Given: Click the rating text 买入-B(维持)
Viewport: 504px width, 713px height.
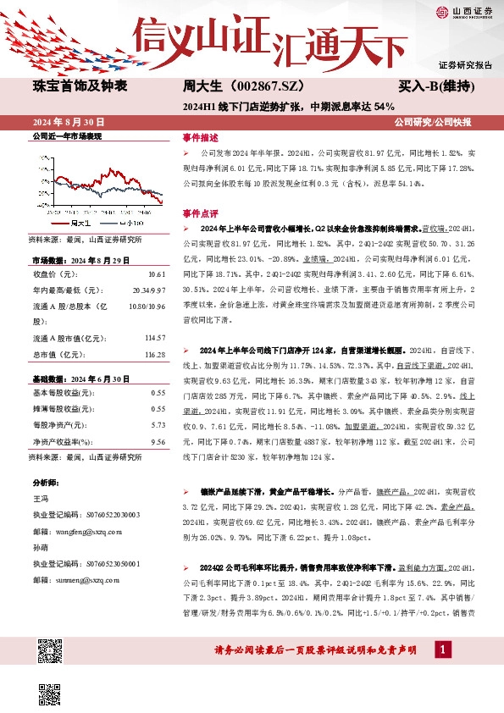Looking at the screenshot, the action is tap(435, 86).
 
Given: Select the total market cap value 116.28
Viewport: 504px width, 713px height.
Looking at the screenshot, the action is tap(154, 354).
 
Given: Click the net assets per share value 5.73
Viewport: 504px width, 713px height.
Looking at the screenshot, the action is tap(158, 424).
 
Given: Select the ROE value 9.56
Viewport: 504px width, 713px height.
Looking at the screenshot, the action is tap(158, 440).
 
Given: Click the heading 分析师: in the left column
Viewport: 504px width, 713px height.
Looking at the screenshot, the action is tap(46, 484).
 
